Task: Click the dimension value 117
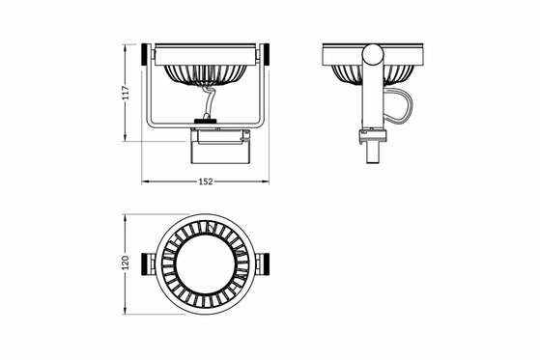point(126,93)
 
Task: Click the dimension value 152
point(206,181)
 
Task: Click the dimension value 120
point(126,263)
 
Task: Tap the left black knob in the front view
point(145,54)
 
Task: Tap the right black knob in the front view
point(266,54)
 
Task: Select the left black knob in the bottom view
point(145,264)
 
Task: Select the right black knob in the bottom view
point(266,264)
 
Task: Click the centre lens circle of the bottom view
point(205,264)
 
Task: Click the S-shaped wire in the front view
point(209,102)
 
